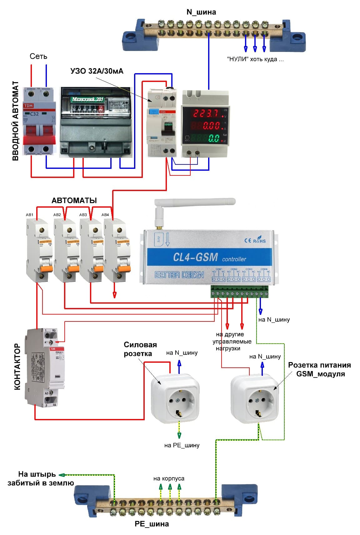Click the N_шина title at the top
(x=201, y=12)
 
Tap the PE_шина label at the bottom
(x=152, y=524)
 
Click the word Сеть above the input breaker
(x=38, y=56)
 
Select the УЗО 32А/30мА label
(x=97, y=71)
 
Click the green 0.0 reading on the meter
(x=214, y=138)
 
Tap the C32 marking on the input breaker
(x=34, y=114)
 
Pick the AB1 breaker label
(x=29, y=215)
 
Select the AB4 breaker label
(x=105, y=215)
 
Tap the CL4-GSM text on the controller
(x=195, y=257)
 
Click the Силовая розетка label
(x=140, y=349)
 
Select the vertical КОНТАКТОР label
(x=17, y=366)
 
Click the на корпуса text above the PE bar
(x=169, y=478)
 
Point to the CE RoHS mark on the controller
(x=255, y=240)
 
